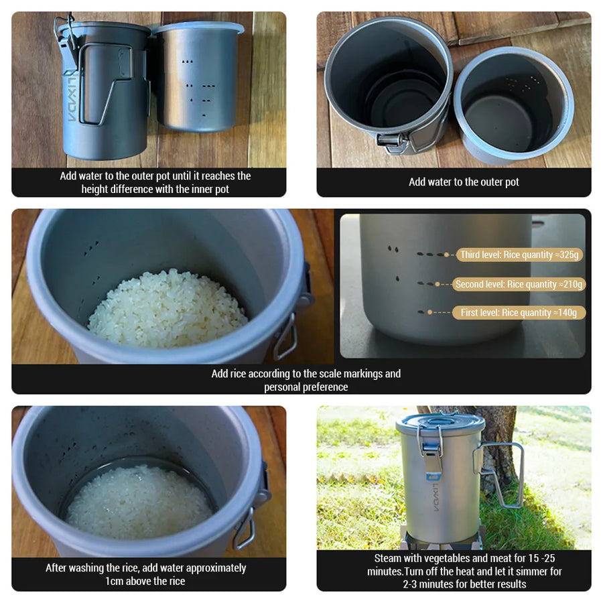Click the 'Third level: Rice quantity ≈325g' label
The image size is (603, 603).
[520, 255]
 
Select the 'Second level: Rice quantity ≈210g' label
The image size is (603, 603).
[519, 284]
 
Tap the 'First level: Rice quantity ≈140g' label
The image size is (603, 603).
[519, 312]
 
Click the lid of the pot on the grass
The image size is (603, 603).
[440, 423]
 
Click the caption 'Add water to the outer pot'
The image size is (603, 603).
[464, 182]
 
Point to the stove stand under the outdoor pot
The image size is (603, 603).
[442, 539]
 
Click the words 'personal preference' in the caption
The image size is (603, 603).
[306, 387]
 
